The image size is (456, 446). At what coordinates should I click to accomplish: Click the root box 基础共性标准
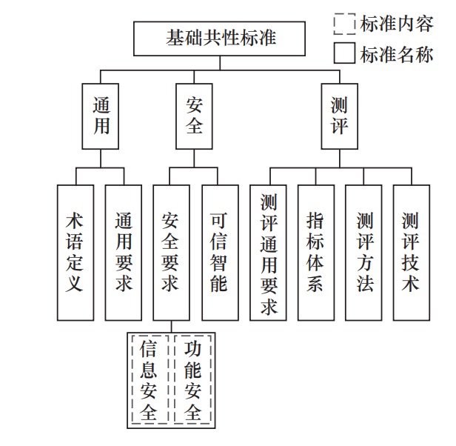coord(219,39)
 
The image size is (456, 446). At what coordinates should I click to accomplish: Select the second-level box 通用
coord(101,116)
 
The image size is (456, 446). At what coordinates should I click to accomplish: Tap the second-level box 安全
coord(194,116)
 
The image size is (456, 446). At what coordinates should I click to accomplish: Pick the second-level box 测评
coord(339,116)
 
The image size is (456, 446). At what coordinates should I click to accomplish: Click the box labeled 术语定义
coord(76,253)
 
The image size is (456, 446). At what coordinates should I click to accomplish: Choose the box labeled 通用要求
coord(124,253)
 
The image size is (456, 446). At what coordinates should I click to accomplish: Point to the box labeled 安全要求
coord(171,253)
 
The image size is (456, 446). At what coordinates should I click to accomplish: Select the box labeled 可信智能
coord(220,253)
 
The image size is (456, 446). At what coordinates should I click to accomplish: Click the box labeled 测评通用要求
coord(268,253)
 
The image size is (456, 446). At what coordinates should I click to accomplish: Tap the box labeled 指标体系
coord(316,253)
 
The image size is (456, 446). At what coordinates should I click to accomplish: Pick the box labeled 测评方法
coord(363,253)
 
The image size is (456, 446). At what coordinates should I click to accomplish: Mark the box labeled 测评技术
coord(412,253)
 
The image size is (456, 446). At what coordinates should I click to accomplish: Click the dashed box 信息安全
coord(150,379)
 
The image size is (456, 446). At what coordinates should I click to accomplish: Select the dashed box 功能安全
coord(193,379)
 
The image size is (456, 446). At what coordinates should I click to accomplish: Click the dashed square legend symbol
coord(345,24)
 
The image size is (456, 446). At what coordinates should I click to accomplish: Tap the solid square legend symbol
coord(345,53)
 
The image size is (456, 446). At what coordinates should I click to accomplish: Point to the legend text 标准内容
coord(397,24)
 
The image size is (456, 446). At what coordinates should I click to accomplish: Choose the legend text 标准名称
coord(397,54)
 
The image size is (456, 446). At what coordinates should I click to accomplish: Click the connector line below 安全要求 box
coord(171,327)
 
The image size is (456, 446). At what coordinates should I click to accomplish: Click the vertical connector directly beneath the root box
coord(220,63)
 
